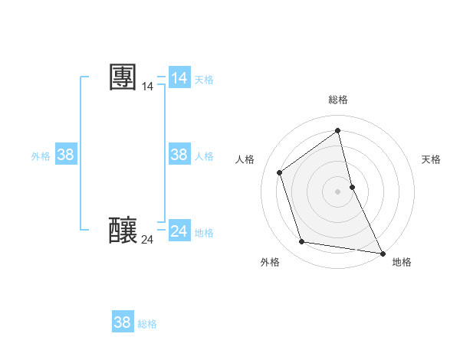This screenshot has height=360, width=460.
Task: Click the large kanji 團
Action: tap(123, 77)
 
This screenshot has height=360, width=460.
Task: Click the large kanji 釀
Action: tap(123, 229)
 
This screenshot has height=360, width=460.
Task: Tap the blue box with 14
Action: tap(179, 77)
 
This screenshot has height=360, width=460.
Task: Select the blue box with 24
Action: tap(179, 231)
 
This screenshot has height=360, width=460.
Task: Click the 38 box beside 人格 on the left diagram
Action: tap(179, 155)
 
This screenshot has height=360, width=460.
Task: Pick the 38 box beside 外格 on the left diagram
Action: tap(66, 155)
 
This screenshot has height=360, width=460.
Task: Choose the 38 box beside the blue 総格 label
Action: tap(122, 322)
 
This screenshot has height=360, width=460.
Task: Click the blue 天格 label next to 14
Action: tap(204, 80)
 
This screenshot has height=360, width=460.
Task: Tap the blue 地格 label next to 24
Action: tap(204, 233)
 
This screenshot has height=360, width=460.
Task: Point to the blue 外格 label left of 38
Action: tap(41, 156)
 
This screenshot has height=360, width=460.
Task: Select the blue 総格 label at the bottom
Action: tap(147, 324)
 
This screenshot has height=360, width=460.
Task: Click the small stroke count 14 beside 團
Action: tap(147, 87)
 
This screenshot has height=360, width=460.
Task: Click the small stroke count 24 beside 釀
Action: tap(147, 240)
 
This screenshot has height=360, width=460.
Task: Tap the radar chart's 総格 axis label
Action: tap(338, 100)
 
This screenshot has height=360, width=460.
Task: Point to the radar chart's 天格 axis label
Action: tap(431, 159)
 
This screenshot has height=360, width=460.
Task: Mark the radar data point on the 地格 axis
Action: tap(382, 253)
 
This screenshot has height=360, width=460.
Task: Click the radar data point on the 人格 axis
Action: tap(280, 172)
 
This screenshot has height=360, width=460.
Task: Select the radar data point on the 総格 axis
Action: tap(338, 130)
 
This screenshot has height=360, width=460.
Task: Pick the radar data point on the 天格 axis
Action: tap(352, 187)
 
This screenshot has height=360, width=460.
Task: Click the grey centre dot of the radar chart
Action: tap(338, 191)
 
